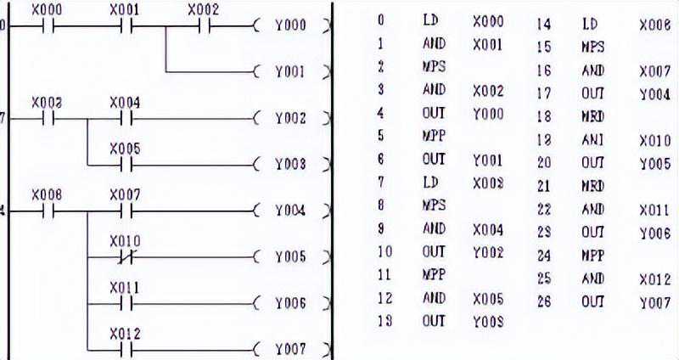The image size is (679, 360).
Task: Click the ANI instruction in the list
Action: point(593,140)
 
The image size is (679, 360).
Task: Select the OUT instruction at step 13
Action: point(434,321)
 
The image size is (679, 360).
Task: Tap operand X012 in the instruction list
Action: point(655,278)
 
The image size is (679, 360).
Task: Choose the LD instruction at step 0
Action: point(431,20)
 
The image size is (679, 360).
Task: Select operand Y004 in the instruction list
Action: point(655,95)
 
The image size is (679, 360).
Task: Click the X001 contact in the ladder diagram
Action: point(125,25)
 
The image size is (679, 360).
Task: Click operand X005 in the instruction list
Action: point(487,298)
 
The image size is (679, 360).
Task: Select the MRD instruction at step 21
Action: point(593,186)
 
